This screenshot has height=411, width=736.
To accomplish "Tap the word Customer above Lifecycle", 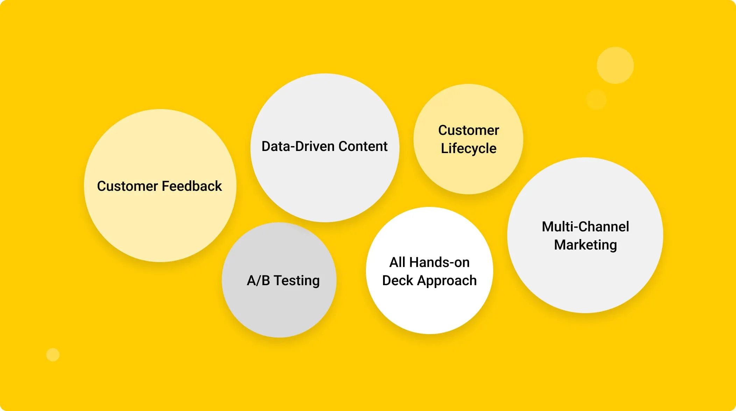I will pyautogui.click(x=468, y=130).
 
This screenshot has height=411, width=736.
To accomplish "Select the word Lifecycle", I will pyautogui.click(x=468, y=149).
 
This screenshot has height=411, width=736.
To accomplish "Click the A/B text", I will pyautogui.click(x=258, y=281).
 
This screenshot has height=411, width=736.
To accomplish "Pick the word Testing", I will pyautogui.click(x=297, y=281).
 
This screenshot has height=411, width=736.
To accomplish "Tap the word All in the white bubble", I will pyautogui.click(x=397, y=262).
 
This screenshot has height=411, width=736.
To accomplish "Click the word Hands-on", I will pyautogui.click(x=439, y=262).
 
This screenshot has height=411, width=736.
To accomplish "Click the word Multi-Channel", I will pyautogui.click(x=585, y=227).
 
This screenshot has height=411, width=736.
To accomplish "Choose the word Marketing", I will pyautogui.click(x=585, y=245).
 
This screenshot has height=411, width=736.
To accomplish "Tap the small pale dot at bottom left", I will pyautogui.click(x=53, y=355).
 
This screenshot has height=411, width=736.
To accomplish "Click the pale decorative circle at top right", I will pyautogui.click(x=615, y=65).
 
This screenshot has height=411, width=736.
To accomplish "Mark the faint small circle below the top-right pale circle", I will pyautogui.click(x=596, y=99).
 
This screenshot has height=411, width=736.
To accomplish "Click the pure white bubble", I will pyautogui.click(x=429, y=308).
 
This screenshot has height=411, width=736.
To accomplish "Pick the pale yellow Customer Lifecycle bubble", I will pyautogui.click(x=468, y=175).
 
